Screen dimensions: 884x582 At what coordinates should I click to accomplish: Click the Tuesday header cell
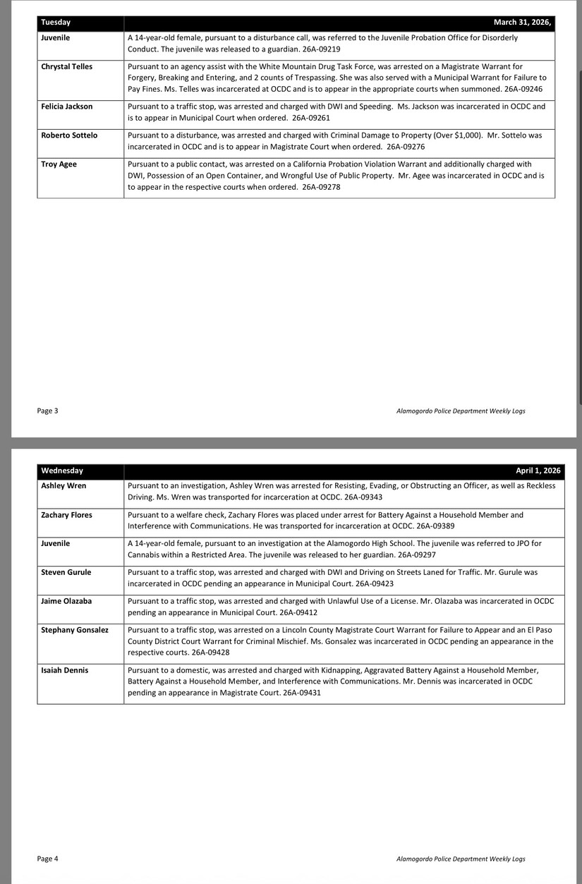pyautogui.click(x=56, y=23)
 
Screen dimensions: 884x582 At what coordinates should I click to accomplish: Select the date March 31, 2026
pyautogui.click(x=521, y=23)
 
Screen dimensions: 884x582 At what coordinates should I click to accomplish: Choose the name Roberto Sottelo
pyautogui.click(x=69, y=135)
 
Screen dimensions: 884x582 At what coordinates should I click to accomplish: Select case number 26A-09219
pyautogui.click(x=321, y=49)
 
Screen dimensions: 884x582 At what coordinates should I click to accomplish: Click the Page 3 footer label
pyautogui.click(x=48, y=411)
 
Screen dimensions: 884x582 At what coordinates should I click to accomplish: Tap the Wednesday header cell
pyautogui.click(x=62, y=471)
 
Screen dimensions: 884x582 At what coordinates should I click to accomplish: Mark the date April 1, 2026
pyautogui.click(x=538, y=471)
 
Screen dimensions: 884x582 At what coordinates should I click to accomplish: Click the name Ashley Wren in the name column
pyautogui.click(x=63, y=486)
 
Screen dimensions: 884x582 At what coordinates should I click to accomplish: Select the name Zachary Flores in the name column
pyautogui.click(x=67, y=515)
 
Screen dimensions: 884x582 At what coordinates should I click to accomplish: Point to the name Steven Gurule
pyautogui.click(x=66, y=572)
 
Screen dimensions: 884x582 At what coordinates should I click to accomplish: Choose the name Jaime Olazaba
pyautogui.click(x=66, y=601)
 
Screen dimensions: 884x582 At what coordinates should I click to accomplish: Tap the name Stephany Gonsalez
pyautogui.click(x=75, y=630)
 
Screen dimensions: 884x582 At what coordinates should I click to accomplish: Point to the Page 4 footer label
pyautogui.click(x=48, y=859)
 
